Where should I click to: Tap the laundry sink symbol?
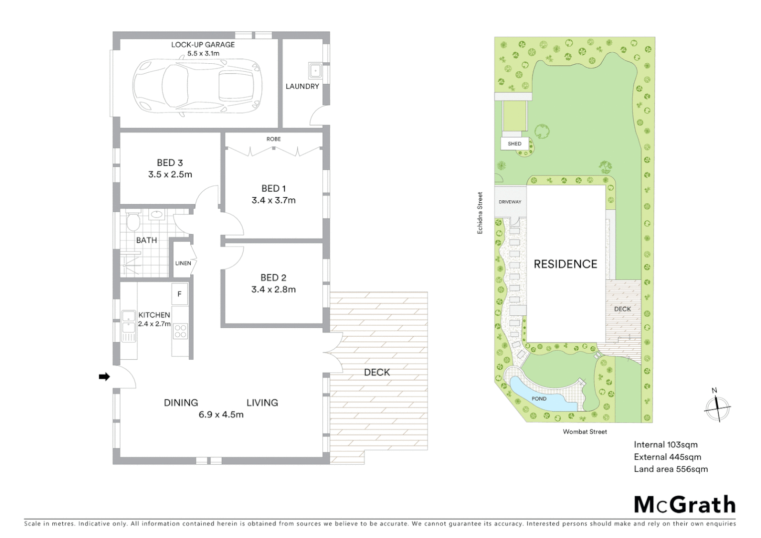(x=315, y=71)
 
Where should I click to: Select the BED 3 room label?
(x=170, y=163)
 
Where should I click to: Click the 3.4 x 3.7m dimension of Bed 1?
(x=273, y=201)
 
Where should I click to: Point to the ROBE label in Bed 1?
(x=273, y=139)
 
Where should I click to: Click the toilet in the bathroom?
(x=132, y=222)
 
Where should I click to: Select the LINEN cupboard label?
(x=183, y=263)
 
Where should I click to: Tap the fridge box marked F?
(x=179, y=294)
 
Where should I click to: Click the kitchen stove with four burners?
(x=180, y=331)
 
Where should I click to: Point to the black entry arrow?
(x=104, y=377)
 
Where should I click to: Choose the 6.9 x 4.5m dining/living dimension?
(x=221, y=414)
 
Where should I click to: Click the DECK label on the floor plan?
(x=377, y=372)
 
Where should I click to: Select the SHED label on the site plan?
(x=514, y=144)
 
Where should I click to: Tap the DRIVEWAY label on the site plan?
(x=510, y=202)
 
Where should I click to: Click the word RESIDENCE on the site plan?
(x=565, y=264)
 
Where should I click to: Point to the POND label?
(x=539, y=399)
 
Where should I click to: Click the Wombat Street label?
(x=585, y=432)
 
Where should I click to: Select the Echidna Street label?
(x=480, y=213)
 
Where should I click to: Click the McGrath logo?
(x=684, y=505)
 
